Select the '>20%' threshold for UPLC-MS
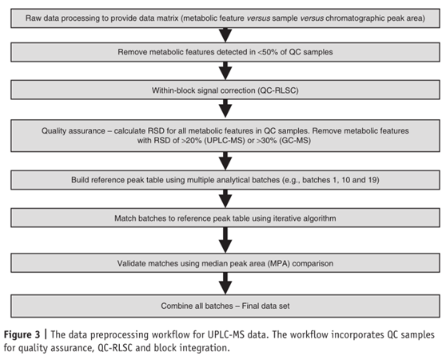click(191, 141)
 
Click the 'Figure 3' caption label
click(22, 334)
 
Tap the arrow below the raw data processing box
click(225, 35)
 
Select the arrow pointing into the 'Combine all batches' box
click(225, 283)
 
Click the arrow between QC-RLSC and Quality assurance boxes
click(225, 109)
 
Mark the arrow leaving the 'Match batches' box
click(225, 240)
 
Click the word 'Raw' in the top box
click(33, 18)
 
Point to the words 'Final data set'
click(265, 306)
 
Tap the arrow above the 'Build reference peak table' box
click(225, 161)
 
